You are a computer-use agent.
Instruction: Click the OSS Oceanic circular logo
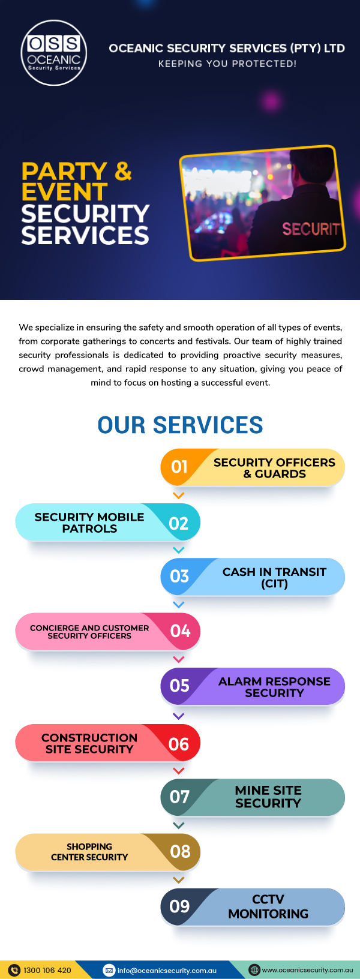[54, 53]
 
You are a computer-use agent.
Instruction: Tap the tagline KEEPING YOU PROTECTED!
[227, 64]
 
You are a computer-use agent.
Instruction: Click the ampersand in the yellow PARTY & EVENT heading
[123, 171]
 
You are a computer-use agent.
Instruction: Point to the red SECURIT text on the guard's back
[311, 229]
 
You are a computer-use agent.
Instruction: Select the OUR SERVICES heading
[180, 425]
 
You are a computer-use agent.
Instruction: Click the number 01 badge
[179, 467]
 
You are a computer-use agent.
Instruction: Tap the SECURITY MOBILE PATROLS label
[89, 522]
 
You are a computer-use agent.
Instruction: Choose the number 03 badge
[179, 576]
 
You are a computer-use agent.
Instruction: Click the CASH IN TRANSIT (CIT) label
[274, 578]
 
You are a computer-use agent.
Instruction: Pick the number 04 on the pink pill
[180, 631]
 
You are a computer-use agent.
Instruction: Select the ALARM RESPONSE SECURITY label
[274, 687]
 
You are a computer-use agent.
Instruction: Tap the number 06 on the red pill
[179, 744]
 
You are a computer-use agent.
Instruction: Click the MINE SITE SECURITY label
[268, 797]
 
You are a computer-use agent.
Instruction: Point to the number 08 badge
[180, 852]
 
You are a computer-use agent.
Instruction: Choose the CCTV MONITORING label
[268, 906]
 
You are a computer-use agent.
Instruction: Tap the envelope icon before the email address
[109, 970]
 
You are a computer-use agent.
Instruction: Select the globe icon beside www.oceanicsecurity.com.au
[254, 970]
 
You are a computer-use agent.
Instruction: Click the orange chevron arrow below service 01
[178, 495]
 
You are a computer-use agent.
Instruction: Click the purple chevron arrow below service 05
[178, 716]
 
